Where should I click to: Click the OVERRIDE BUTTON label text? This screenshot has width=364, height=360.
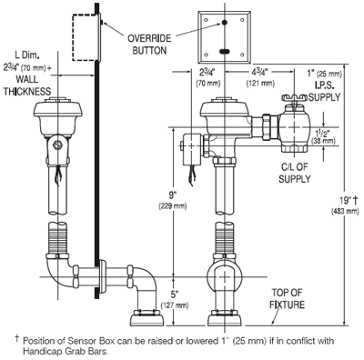(149, 45)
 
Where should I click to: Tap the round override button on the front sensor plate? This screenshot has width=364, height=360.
(225, 23)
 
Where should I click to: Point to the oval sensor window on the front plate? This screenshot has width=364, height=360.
(225, 52)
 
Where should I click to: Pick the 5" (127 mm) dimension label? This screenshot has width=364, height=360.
(174, 300)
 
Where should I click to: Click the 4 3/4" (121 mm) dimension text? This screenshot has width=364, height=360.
(260, 78)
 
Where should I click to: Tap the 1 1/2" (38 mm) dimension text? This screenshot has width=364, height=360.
(323, 136)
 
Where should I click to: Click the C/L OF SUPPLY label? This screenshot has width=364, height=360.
(294, 173)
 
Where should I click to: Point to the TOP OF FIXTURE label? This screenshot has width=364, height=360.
(287, 298)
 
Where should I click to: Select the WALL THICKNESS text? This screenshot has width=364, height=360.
(27, 85)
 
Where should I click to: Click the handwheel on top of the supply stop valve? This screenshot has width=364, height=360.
(294, 98)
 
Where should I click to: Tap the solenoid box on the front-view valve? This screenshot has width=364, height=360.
(192, 149)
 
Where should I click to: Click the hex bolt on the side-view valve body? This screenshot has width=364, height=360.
(57, 145)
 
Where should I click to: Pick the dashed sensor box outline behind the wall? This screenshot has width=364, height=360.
(86, 36)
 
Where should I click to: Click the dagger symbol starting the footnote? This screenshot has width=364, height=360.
(16, 338)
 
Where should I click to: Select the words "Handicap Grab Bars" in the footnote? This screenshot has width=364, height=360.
(65, 352)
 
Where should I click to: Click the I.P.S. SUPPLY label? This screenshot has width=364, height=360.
(325, 92)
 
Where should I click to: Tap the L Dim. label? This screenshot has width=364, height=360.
(27, 55)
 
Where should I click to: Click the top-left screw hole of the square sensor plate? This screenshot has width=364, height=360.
(206, 20)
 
